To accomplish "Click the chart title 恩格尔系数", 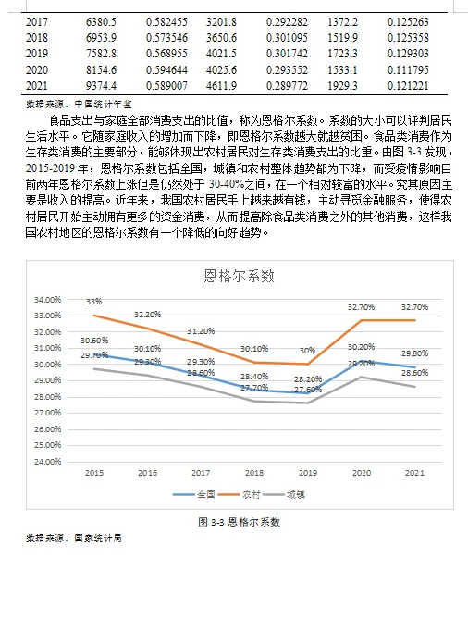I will [x=240, y=276].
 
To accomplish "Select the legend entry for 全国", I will [x=200, y=494].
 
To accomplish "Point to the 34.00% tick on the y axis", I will [x=46, y=300].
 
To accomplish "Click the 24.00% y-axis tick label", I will [x=46, y=461].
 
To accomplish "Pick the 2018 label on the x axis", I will [x=254, y=473].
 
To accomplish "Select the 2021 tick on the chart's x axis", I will [x=414, y=473].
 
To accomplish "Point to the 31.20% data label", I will [x=201, y=331].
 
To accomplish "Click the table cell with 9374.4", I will [x=100, y=85].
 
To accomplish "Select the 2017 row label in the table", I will [x=38, y=19].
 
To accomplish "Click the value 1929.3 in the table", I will [x=342, y=85].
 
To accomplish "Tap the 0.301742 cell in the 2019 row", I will [x=288, y=53].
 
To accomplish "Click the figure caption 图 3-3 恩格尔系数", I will [x=240, y=522].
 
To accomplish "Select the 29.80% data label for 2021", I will [x=414, y=353].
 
